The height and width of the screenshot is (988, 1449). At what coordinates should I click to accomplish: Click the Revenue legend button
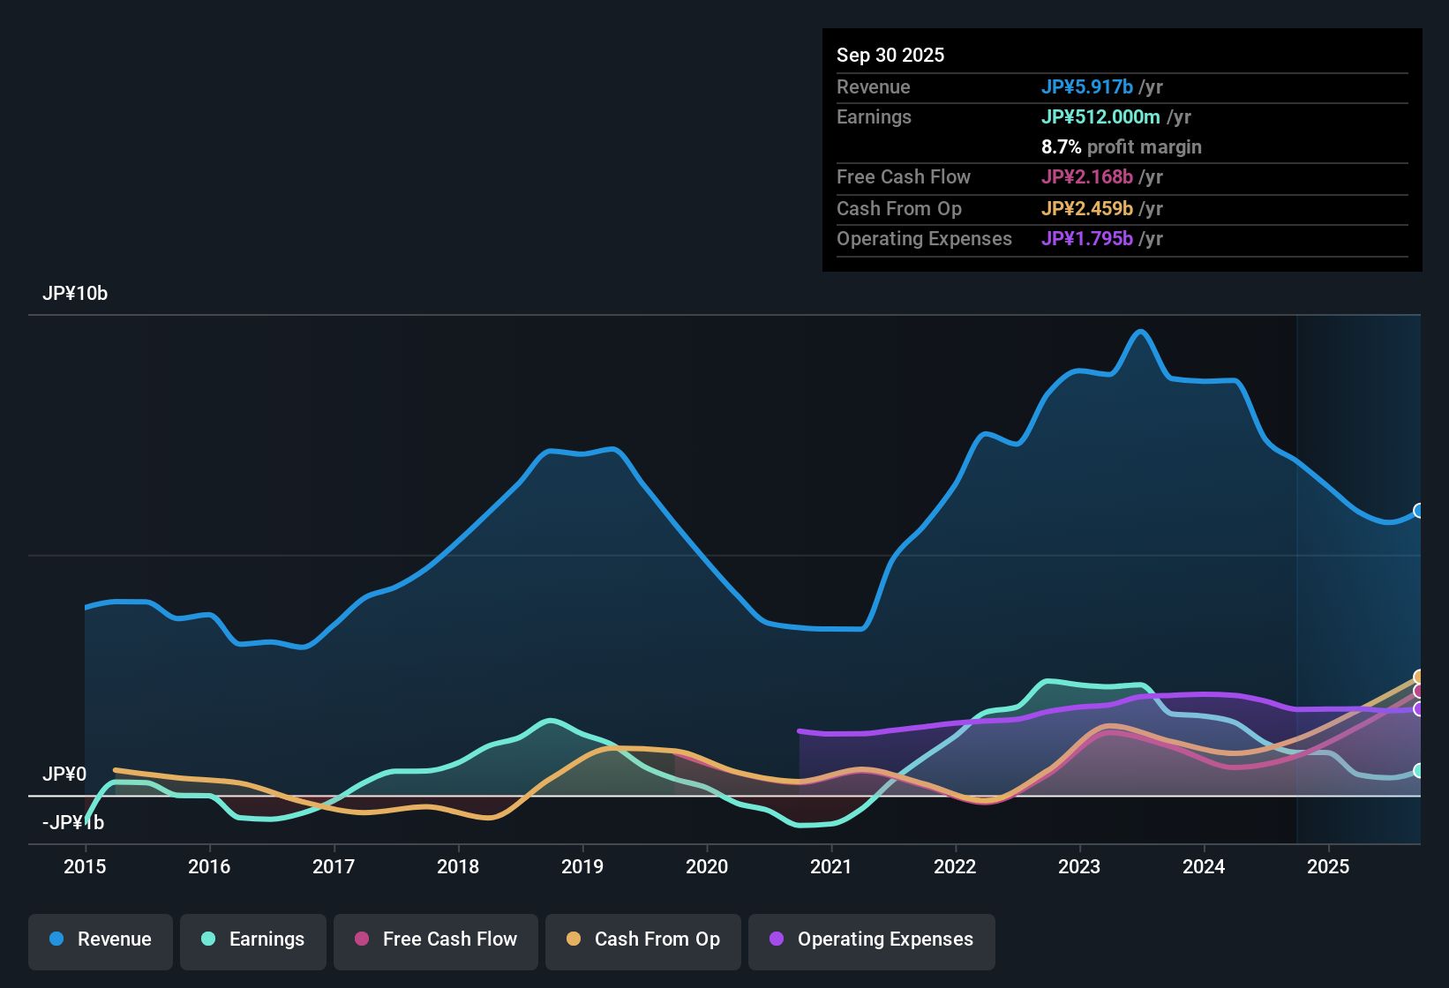pos(101,939)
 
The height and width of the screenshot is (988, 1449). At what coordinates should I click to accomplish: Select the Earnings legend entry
pos(253,939)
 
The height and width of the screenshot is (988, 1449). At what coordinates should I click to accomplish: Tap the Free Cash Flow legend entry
pos(436,939)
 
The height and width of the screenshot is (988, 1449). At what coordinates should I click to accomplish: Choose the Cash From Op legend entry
pos(643,939)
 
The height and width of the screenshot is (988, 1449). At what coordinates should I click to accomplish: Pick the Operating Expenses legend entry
pos(872,939)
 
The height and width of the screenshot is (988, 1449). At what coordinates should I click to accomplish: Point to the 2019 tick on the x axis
pos(582,866)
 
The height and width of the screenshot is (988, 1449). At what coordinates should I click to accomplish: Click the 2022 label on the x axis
pos(955,866)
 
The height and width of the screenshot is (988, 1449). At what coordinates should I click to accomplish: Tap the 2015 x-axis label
pos(85,866)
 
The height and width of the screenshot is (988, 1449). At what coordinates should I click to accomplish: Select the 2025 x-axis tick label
pos(1328,866)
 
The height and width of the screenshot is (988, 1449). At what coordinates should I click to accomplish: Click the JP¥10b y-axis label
pos(75,294)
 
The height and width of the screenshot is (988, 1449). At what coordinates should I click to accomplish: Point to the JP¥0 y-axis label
pos(64,774)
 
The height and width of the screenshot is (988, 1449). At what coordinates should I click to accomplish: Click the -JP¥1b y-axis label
pos(73,823)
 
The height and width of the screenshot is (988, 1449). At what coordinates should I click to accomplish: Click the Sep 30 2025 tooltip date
pos(890,55)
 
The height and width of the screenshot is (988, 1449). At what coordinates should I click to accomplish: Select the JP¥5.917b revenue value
pos(1087,86)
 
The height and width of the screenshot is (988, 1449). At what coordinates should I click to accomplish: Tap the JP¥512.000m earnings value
pos(1100,116)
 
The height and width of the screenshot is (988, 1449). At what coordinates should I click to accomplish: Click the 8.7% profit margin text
pos(1122,146)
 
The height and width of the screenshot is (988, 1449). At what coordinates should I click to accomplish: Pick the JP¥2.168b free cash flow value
pos(1087,176)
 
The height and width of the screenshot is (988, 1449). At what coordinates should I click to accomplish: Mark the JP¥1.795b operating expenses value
pos(1087,238)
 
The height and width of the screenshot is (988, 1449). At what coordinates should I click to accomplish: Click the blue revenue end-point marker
pos(1419,511)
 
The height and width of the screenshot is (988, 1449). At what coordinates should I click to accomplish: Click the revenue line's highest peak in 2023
pos(1141,332)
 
